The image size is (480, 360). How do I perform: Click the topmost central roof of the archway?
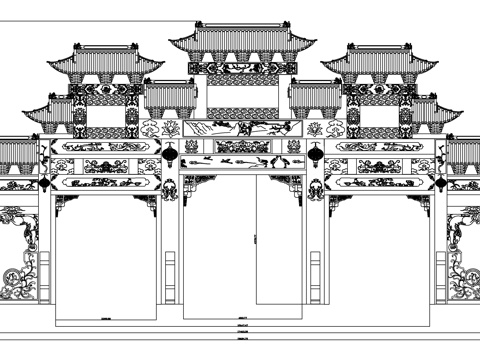pos(242,40)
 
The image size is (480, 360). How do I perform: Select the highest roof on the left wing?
pos(106,60)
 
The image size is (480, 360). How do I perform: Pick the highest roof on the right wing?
pos(378,60)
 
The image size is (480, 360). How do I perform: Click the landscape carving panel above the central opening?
pos(241,128)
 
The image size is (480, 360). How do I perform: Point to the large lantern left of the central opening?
pos(170,155)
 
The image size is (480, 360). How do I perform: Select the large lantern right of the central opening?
pos(314,155)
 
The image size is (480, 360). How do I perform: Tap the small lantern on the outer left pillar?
pos(45,184)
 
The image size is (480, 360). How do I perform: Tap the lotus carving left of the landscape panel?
pos(152,128)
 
